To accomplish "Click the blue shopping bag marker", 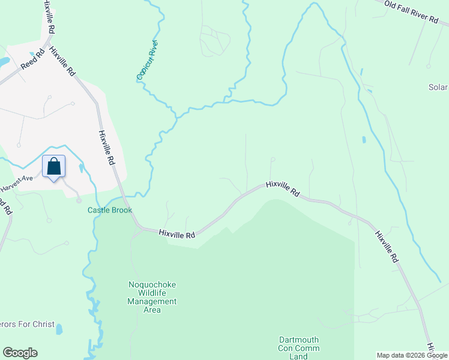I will [x=53, y=166].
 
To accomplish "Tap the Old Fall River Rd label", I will [x=412, y=11].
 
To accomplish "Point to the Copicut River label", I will [x=147, y=60].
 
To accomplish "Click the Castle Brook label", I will [x=110, y=210].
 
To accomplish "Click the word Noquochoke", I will [x=152, y=284].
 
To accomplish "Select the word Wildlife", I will [x=152, y=293].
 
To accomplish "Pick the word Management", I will [x=152, y=301].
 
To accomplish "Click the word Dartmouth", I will [x=299, y=340].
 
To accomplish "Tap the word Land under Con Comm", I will [x=299, y=356].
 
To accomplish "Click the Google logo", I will [x=20, y=353].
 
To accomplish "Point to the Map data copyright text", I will [x=412, y=355].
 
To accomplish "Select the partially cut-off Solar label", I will [x=438, y=87].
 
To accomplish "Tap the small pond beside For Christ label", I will [x=59, y=328].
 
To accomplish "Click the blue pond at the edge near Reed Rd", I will [x=3, y=61].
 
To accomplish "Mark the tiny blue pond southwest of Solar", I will [x=364, y=140].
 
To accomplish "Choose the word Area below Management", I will [x=152, y=310].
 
